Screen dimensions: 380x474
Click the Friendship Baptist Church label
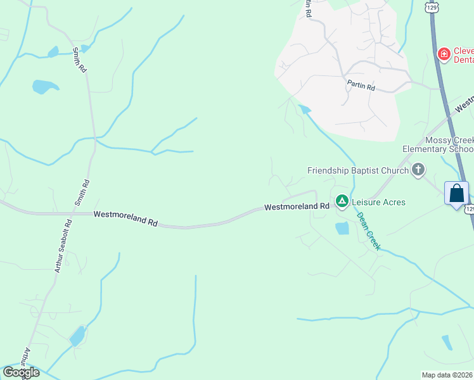(x=357, y=170)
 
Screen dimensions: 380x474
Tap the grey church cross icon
(x=418, y=170)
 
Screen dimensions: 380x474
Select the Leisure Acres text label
(x=378, y=202)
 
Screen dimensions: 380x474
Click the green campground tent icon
(x=342, y=201)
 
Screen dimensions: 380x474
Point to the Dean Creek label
(x=368, y=231)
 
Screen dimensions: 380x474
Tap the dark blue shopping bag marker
(x=456, y=193)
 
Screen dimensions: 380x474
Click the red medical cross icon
(x=444, y=54)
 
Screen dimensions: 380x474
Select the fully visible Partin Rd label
(x=361, y=87)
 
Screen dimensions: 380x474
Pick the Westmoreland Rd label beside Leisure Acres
(x=297, y=206)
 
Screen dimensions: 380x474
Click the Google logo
(x=21, y=372)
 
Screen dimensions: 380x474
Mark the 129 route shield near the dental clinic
(x=432, y=8)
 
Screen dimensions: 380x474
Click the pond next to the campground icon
(x=342, y=229)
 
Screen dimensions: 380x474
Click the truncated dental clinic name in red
(x=463, y=55)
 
